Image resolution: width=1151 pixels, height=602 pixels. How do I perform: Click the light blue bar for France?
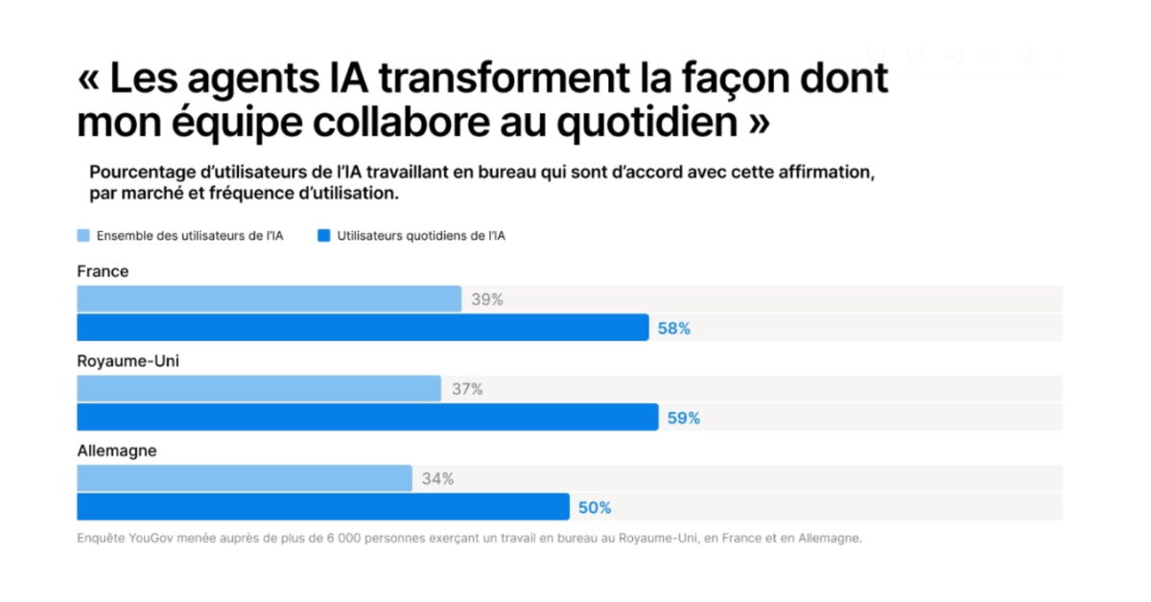pos(270,299)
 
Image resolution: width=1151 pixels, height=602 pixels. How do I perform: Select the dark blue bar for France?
pos(363,328)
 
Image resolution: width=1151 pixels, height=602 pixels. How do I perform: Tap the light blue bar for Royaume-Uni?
pos(259,388)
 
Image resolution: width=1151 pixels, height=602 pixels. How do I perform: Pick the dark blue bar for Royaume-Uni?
pos(368,417)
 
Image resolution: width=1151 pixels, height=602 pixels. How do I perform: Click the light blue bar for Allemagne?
pos(245,478)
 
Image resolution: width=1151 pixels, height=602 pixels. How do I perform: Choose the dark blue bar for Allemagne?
pos(323,507)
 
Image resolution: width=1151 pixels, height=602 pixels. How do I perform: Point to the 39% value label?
pos(487,299)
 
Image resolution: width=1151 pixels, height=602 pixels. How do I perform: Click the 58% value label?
pos(674,329)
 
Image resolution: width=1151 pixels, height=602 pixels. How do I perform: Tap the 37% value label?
pos(467,389)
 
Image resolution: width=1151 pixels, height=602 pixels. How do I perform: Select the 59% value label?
pos(683,418)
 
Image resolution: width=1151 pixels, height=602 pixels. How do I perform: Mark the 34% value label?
pos(437,479)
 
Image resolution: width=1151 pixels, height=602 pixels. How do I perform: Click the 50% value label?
pos(595,508)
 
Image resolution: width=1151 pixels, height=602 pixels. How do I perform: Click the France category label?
pos(103,271)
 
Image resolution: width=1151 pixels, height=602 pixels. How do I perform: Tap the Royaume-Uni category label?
pos(128,361)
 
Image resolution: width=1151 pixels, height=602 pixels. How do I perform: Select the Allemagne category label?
pos(117,451)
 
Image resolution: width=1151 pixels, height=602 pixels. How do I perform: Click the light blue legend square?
pos(83,236)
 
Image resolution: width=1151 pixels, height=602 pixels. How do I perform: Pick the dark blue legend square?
pos(324,236)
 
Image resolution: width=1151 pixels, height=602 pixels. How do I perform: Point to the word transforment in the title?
pos(505,79)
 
